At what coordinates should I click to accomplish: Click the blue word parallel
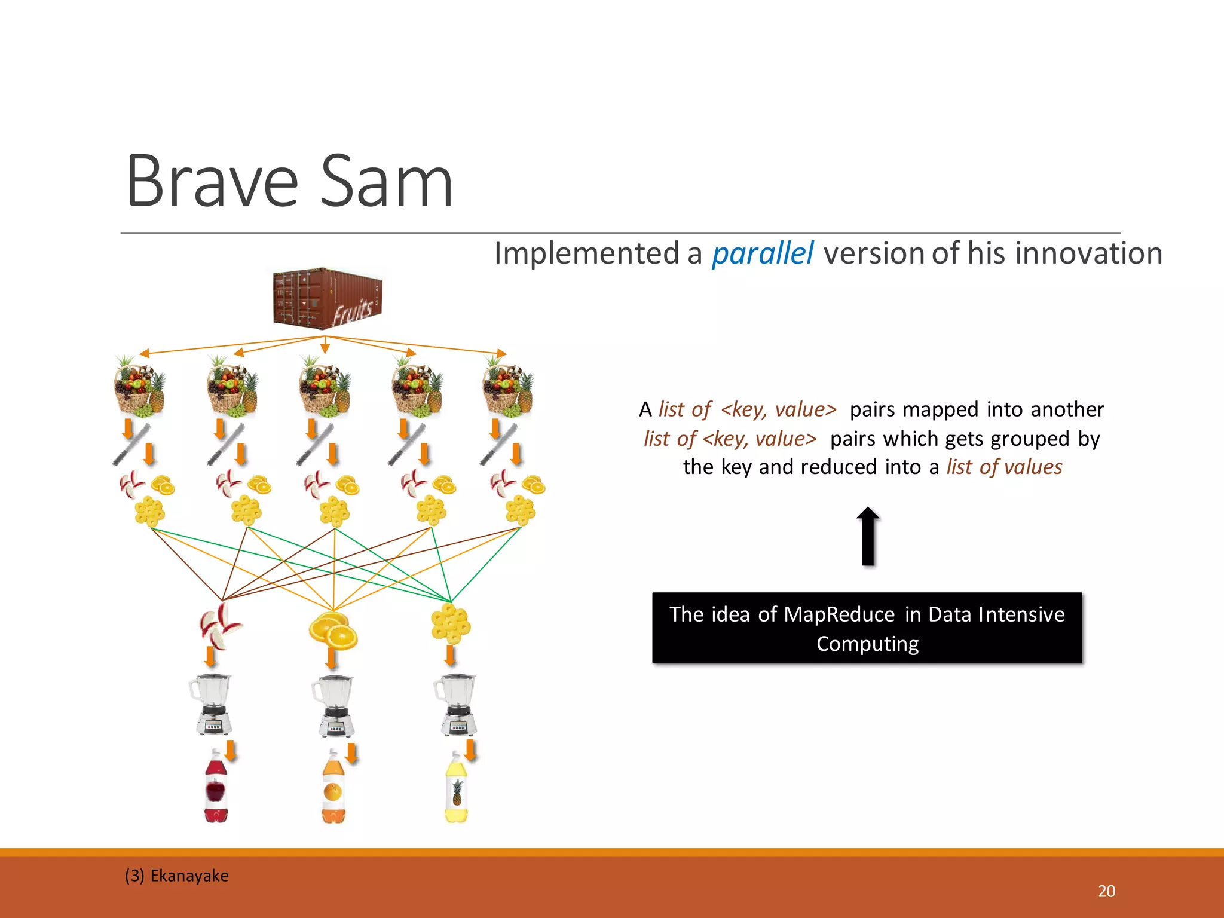click(762, 253)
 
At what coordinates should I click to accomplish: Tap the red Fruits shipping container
click(327, 298)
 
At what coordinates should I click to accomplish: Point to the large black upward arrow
click(868, 536)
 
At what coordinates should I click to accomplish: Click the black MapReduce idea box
click(867, 628)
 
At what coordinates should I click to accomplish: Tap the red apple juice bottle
click(216, 787)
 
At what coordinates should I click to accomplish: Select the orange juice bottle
click(333, 787)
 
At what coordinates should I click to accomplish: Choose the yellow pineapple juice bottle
click(457, 787)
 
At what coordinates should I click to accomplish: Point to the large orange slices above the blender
click(333, 630)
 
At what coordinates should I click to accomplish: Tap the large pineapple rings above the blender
click(451, 623)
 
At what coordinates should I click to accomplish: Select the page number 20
click(1106, 891)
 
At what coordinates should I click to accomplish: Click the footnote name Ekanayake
click(189, 876)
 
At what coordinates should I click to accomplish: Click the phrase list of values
click(1004, 467)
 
